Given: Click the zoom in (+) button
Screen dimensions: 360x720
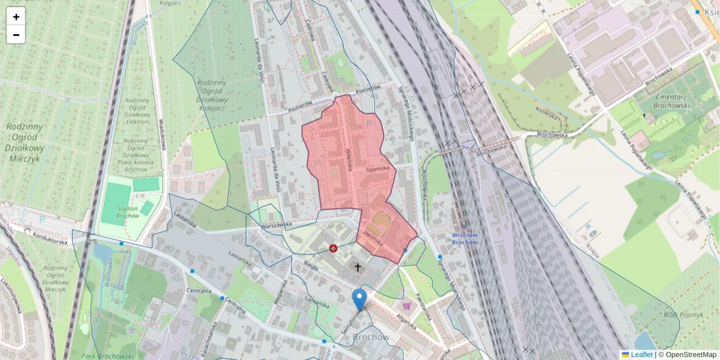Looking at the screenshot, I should [x=16, y=17].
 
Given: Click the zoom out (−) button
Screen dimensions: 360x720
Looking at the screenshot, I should [x=16, y=35].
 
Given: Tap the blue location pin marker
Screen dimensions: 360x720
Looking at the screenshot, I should [x=359, y=299].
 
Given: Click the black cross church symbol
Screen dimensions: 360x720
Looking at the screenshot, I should [x=358, y=268].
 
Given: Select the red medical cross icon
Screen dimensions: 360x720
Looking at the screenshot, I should [x=333, y=248].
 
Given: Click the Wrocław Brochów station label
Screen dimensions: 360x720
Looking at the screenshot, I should [x=464, y=238].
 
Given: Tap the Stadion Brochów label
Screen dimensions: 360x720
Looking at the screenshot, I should [x=128, y=211].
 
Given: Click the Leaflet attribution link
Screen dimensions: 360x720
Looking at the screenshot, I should [x=641, y=355].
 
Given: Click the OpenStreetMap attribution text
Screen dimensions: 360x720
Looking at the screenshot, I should [x=688, y=355].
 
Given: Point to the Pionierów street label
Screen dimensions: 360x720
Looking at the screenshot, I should [x=368, y=89].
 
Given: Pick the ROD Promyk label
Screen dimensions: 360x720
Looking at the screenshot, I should [x=679, y=314].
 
